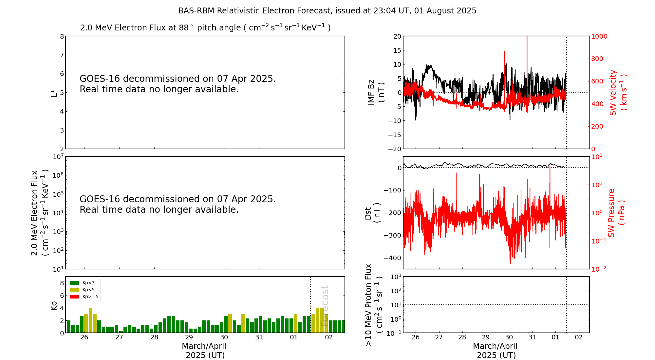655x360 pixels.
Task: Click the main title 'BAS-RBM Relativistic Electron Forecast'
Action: pos(327,11)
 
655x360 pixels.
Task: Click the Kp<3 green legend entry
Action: pos(82,283)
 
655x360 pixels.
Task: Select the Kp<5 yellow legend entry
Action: pos(82,290)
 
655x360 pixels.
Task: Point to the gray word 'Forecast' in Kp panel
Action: pos(325,306)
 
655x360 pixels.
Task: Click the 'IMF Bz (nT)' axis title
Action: pos(376,92)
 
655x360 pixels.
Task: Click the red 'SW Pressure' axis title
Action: pos(616,213)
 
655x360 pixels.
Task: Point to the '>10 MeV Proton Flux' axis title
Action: pos(374,305)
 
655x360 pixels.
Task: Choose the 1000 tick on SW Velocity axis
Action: pos(599,36)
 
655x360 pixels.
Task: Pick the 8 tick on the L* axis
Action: pos(62,36)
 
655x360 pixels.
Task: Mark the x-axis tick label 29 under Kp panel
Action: pos(189,337)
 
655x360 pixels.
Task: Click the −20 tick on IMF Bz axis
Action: pos(394,149)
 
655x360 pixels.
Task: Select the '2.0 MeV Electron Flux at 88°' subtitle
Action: pos(205,28)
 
